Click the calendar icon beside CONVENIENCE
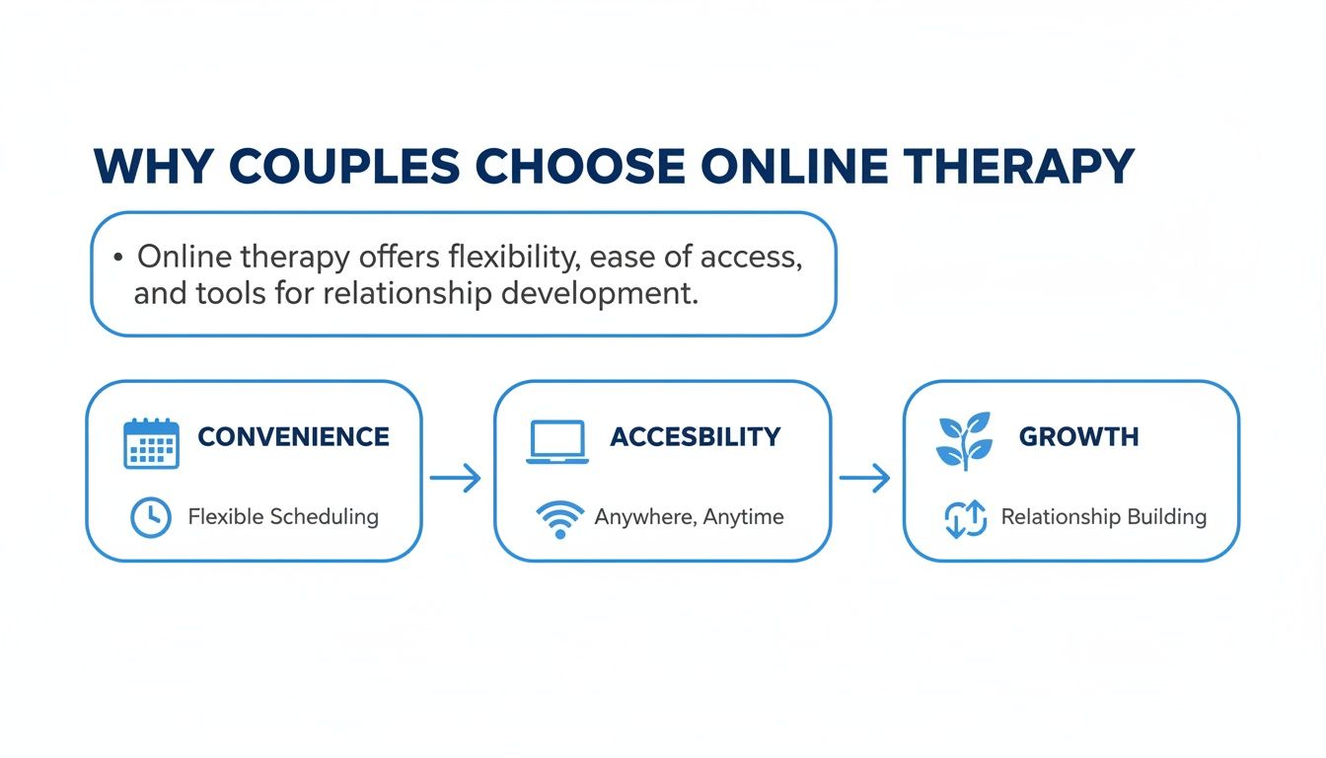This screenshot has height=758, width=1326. point(151,442)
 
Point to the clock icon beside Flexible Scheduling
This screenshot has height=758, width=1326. point(150,517)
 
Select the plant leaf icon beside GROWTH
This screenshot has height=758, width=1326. point(963,441)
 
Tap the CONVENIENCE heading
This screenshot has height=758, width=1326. point(293,436)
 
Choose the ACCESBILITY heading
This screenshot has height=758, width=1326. point(696,436)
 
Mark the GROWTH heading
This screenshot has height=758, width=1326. point(1078,436)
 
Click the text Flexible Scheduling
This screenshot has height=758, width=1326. point(283,516)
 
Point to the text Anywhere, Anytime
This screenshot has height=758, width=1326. point(689,516)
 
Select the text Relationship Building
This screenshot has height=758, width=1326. point(1103,516)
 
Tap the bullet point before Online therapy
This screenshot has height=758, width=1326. point(118,258)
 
